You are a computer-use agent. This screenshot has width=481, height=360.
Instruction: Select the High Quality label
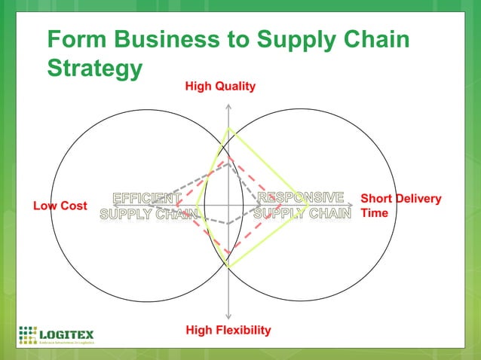point(220,87)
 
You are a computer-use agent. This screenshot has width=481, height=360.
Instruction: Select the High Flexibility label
point(228,330)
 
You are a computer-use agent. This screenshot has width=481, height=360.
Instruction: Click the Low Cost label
point(60,206)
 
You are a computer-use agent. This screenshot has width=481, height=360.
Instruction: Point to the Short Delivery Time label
point(400,206)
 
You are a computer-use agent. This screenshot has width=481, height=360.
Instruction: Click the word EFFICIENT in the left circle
point(146,199)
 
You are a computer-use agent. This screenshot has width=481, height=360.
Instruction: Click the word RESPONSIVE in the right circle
point(302,198)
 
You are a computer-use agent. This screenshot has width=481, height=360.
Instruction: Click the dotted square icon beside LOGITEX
point(28,334)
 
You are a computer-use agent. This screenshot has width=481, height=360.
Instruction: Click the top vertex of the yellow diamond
point(230,128)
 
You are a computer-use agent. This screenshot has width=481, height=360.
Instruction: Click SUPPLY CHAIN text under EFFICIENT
point(149,213)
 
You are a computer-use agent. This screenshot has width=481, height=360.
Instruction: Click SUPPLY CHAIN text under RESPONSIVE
point(302,213)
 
